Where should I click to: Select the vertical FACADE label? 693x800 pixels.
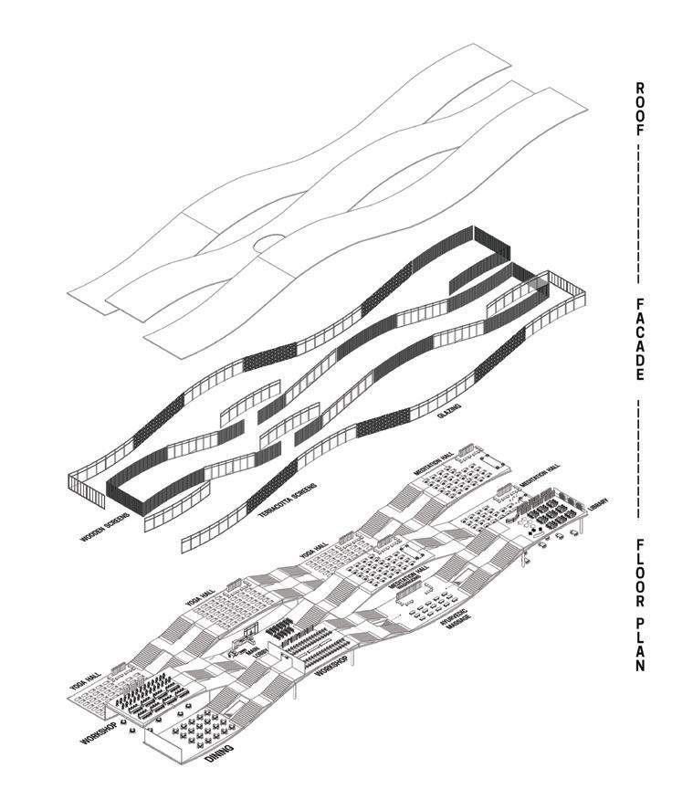(x=640, y=339)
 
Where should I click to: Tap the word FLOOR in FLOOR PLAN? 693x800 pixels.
(x=640, y=571)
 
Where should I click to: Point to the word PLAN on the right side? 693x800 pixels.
(x=640, y=648)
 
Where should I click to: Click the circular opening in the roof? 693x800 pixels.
(x=269, y=242)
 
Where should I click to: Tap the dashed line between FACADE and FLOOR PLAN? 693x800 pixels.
(x=640, y=456)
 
